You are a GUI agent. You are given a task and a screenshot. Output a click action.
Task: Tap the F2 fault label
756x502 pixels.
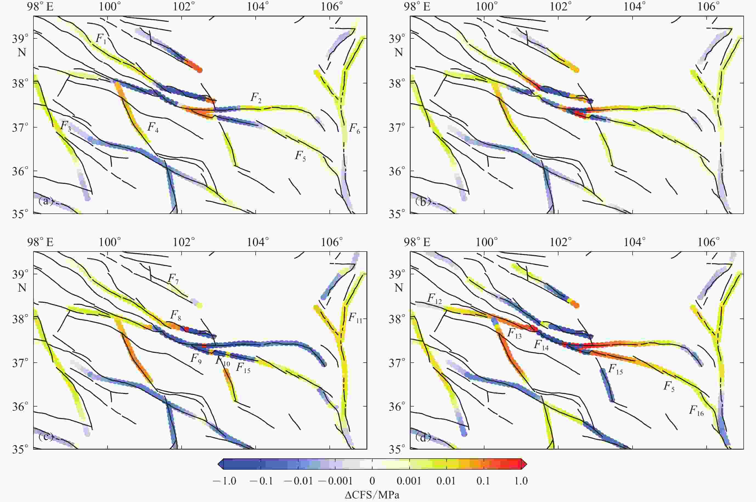(x=256, y=98)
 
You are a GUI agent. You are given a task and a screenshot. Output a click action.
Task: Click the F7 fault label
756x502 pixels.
(x=173, y=279)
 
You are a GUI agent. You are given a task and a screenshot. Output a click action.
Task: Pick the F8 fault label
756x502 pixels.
(x=175, y=315)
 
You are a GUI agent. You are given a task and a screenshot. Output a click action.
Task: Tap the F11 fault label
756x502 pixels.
(x=355, y=318)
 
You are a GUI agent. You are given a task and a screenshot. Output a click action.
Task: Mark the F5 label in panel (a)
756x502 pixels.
(x=300, y=156)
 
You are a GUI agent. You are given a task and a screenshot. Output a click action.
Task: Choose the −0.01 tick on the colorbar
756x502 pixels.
(x=298, y=481)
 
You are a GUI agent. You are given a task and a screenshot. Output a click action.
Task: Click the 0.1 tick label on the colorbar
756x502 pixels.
(x=483, y=481)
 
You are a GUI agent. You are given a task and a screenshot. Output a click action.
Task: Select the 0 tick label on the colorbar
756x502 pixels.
(x=372, y=481)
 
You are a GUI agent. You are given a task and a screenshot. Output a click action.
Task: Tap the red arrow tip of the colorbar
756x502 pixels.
(x=524, y=464)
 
